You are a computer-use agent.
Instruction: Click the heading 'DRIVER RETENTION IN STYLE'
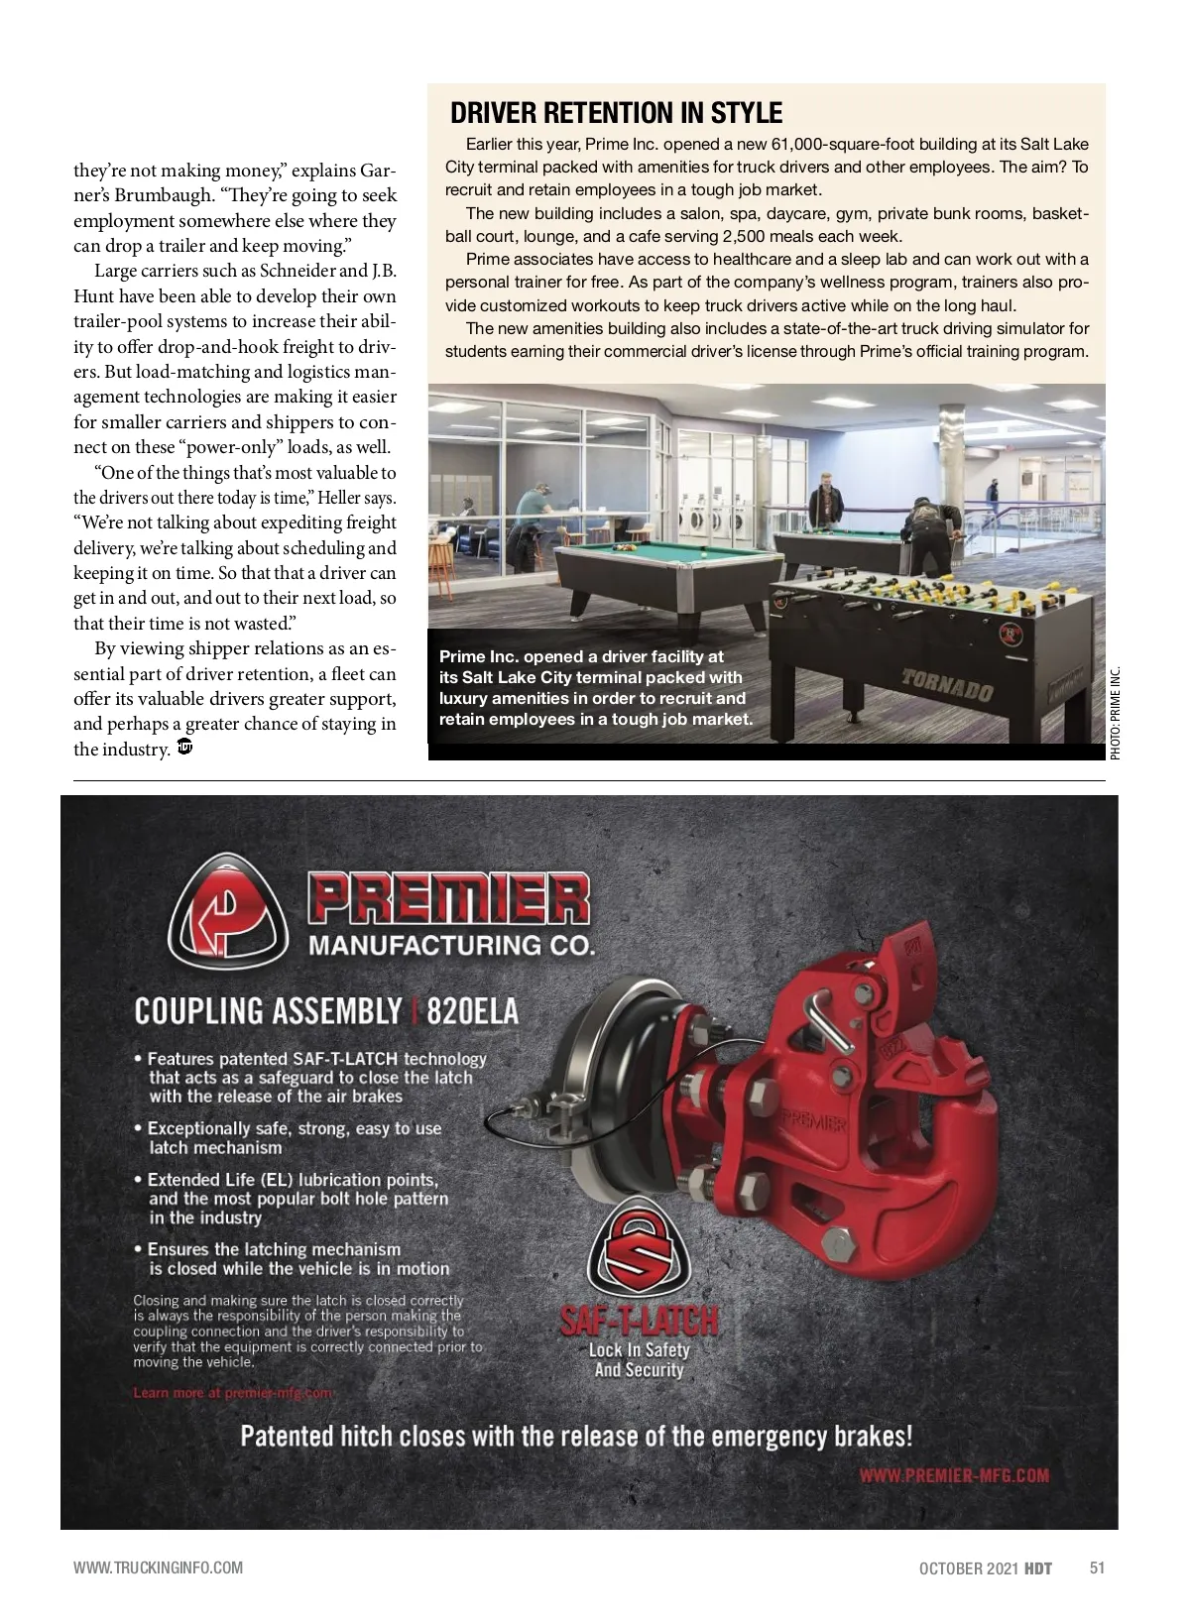[x=616, y=113]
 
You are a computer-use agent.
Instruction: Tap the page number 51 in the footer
[x=1097, y=1567]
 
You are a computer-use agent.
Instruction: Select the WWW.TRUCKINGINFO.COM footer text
[x=158, y=1567]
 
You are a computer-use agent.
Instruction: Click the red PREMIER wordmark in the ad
[x=449, y=899]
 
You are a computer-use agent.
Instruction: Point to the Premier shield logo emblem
[x=227, y=912]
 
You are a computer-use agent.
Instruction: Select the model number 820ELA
[x=472, y=1011]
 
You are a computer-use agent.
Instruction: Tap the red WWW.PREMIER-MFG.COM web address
[x=953, y=1475]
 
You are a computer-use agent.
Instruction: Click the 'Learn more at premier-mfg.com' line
[x=233, y=1393]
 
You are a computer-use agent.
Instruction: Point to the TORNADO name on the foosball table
[x=947, y=685]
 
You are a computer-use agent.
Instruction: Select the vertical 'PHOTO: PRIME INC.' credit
[x=1115, y=713]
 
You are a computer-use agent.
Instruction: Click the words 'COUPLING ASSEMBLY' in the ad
[x=268, y=1011]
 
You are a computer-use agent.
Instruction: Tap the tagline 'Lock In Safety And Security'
[x=639, y=1360]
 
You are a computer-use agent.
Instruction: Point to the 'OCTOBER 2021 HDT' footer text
[x=985, y=1567]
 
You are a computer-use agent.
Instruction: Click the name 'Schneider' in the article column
[x=297, y=271]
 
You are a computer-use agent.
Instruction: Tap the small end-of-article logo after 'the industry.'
[x=183, y=748]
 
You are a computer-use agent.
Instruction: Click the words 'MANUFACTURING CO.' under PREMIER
[x=451, y=945]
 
